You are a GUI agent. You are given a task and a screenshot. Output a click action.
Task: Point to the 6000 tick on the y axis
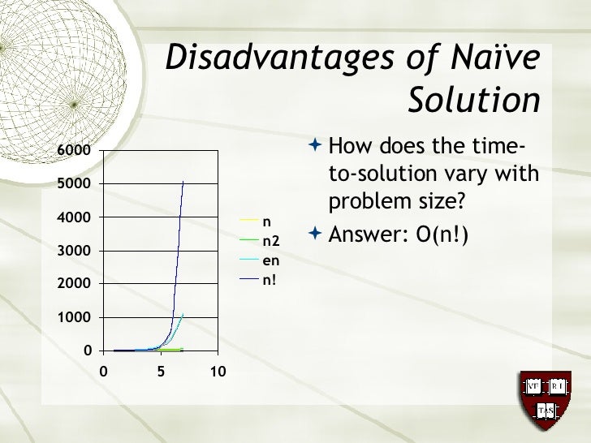(74, 150)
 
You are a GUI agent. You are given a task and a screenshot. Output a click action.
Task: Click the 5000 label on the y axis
(74, 183)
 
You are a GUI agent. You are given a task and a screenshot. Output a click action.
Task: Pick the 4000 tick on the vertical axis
(74, 217)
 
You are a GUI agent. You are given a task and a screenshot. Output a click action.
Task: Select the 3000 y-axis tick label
(74, 251)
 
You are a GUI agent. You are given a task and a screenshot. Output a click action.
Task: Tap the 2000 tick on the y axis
(74, 284)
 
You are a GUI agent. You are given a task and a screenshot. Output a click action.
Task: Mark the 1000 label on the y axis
(74, 318)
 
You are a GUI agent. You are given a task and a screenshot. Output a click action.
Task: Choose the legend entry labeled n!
(269, 281)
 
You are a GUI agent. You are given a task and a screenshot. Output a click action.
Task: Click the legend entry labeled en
(270, 260)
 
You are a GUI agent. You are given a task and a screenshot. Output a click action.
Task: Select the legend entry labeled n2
(271, 240)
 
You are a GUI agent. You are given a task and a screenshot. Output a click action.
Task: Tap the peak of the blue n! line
(183, 181)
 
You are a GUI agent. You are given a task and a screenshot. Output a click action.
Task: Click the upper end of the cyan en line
(183, 313)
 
